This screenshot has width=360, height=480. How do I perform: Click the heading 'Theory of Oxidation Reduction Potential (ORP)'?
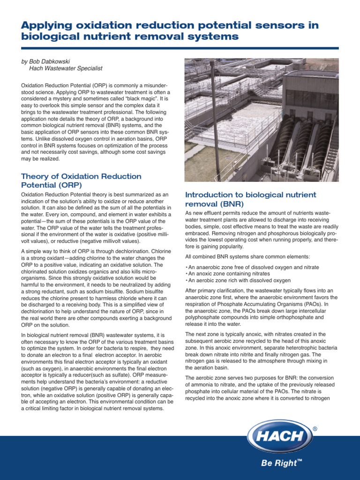81,180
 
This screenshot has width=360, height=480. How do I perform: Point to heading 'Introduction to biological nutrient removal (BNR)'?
251,199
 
